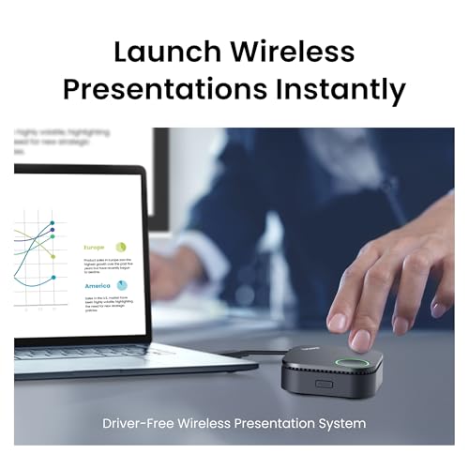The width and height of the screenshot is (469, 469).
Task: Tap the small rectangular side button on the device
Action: [325, 384]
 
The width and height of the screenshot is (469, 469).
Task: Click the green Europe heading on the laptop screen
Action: [95, 248]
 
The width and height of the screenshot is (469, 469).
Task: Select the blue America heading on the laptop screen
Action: [98, 286]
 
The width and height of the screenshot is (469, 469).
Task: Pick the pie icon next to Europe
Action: [122, 247]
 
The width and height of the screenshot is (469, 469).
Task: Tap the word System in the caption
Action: [343, 423]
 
